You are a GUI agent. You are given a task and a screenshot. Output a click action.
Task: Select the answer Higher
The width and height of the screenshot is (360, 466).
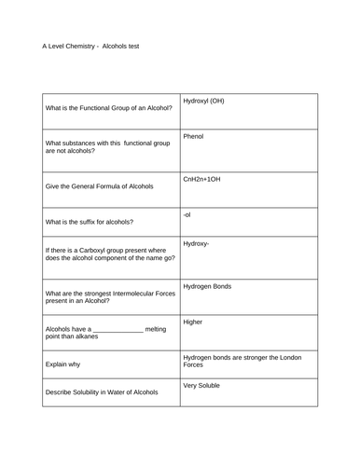pyautogui.click(x=193, y=322)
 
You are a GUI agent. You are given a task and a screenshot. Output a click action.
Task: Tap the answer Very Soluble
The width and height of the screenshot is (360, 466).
pyautogui.click(x=202, y=385)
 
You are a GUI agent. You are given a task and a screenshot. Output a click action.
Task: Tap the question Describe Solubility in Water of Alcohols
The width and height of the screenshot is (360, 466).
pyautogui.click(x=101, y=392)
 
